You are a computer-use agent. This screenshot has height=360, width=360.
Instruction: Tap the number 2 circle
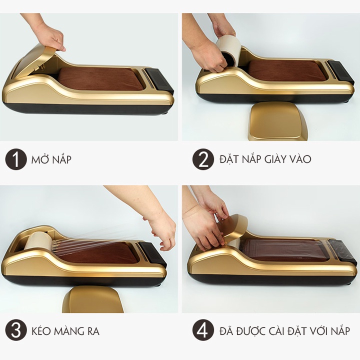click(203, 160)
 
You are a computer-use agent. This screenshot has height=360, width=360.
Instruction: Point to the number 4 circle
click(203, 331)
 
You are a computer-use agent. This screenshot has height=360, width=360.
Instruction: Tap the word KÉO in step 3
click(42, 331)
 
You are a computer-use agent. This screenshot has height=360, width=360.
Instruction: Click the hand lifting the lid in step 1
click(50, 36)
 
